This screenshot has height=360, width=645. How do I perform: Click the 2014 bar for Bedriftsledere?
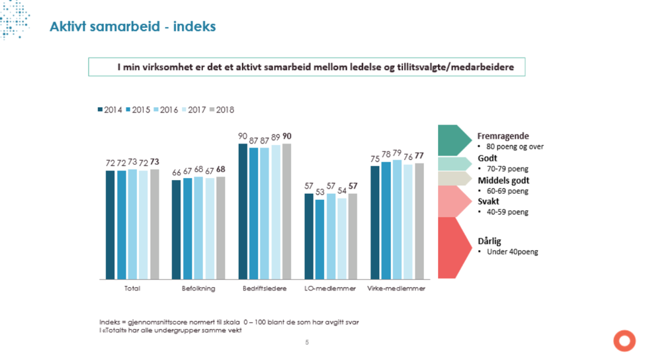[243, 212]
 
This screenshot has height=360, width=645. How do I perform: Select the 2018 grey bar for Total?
[155, 224]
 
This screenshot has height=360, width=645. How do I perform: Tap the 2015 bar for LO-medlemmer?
[320, 240]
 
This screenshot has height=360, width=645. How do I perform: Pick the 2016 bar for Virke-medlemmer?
[397, 220]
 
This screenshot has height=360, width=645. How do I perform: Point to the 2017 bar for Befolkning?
[210, 229]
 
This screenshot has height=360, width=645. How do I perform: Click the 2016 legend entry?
[166, 110]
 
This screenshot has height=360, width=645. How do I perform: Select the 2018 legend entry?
[222, 110]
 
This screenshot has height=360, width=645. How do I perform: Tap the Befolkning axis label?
[198, 289]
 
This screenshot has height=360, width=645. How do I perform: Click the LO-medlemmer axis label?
[330, 289]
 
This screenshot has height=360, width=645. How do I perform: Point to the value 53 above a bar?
[320, 192]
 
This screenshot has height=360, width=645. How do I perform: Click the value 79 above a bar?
[397, 153]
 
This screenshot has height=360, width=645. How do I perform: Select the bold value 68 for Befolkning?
[220, 169]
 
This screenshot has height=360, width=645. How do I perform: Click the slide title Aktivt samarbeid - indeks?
[133, 26]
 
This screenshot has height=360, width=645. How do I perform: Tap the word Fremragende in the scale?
[503, 136]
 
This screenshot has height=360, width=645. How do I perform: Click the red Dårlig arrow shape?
[454, 247]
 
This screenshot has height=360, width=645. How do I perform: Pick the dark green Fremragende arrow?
[454, 140]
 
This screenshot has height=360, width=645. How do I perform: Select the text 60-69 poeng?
[507, 191]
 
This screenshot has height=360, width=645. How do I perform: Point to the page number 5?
[307, 342]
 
